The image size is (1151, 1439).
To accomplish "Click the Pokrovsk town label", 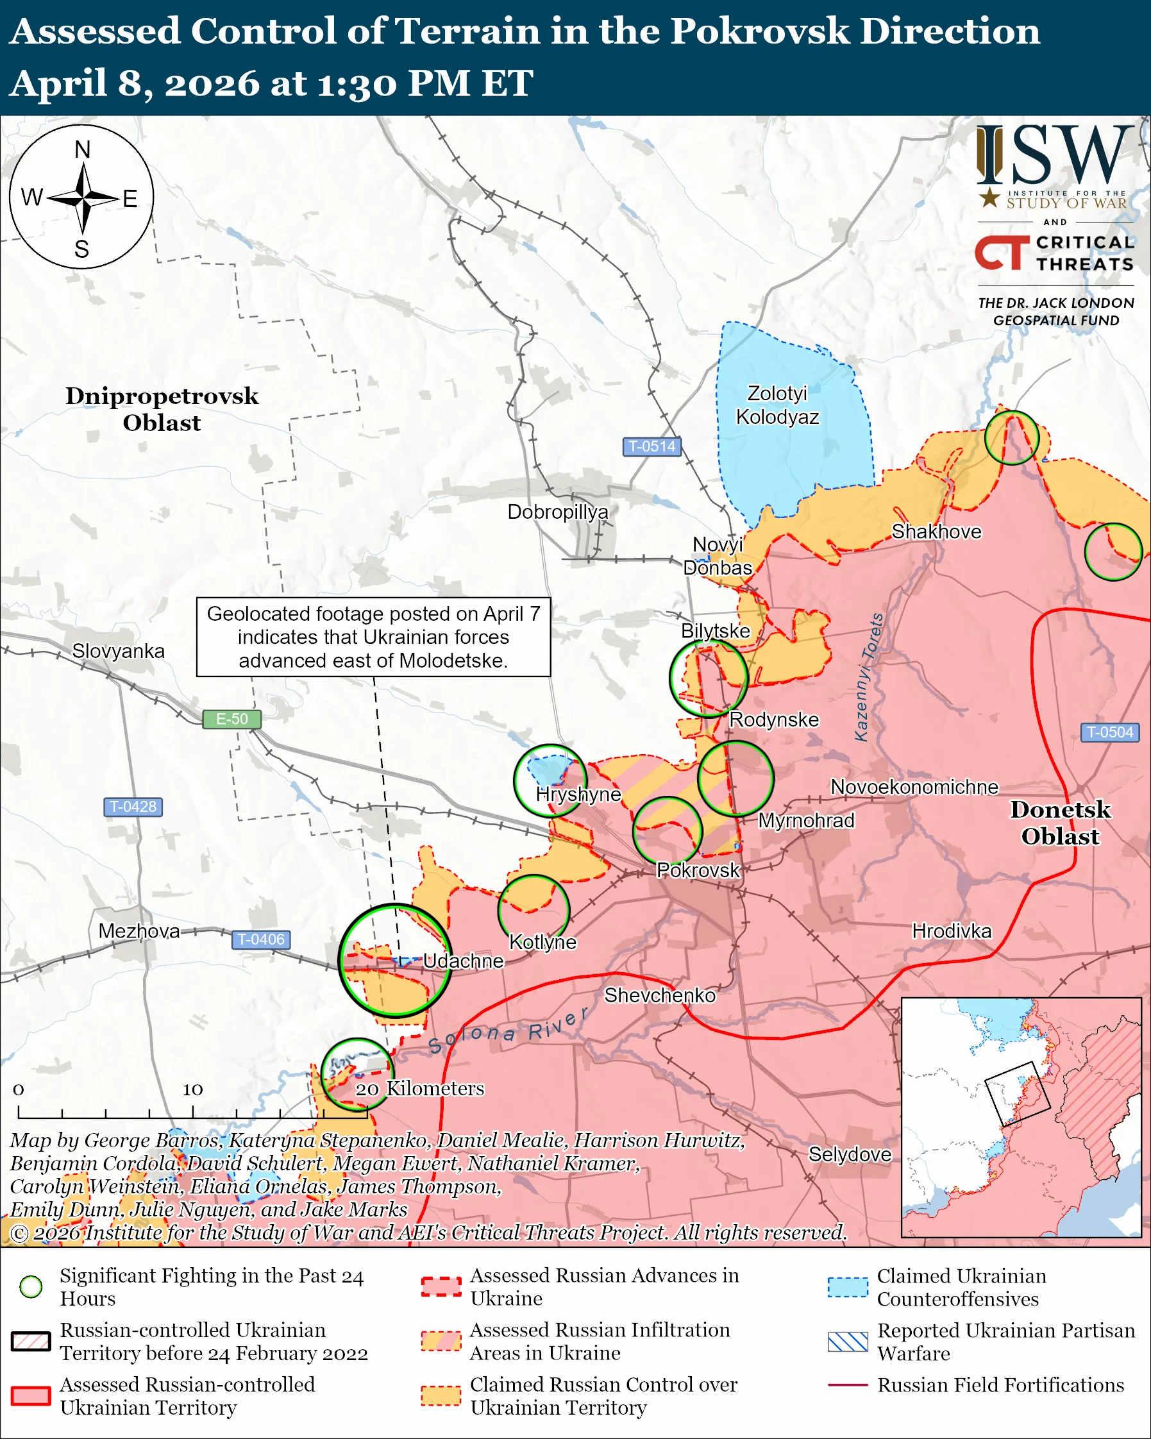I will coord(698,870).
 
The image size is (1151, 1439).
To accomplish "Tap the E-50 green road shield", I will coord(231,719).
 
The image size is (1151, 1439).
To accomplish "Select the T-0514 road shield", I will coord(651,446).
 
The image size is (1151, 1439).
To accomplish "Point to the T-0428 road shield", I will coord(133,806).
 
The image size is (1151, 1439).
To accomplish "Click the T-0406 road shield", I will coord(261,939).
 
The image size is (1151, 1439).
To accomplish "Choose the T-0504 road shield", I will coord(1109,732).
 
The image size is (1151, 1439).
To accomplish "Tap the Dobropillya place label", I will coord(558,512).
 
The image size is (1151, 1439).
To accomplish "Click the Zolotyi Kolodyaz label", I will coord(777,405).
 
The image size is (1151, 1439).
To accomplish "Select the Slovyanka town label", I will coord(118,651).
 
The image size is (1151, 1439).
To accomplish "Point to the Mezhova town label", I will coord(139,931).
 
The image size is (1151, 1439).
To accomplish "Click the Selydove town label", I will coord(850,1154).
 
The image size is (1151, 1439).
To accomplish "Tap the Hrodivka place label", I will coord(952,931).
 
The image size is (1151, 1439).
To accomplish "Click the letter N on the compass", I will coord(82,149).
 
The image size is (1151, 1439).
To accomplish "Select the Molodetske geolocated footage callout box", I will coord(373,637).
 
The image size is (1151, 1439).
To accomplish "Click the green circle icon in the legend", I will coord(31,1287).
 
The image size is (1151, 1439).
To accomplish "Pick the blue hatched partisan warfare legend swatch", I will coord(848,1342).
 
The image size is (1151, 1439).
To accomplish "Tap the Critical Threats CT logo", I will coord(1001,252).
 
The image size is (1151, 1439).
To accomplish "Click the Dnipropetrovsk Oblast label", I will coord(162,408).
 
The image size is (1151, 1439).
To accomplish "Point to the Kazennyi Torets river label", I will coord(869,677).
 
